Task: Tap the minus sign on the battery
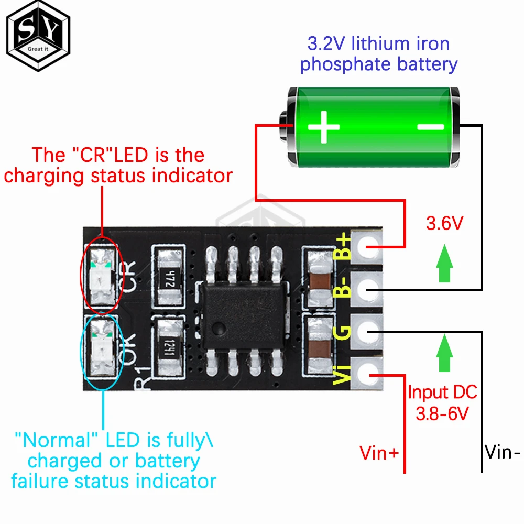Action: (x=431, y=126)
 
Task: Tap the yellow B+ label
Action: (x=343, y=247)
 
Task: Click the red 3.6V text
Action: (x=444, y=224)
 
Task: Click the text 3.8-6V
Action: (x=442, y=414)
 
